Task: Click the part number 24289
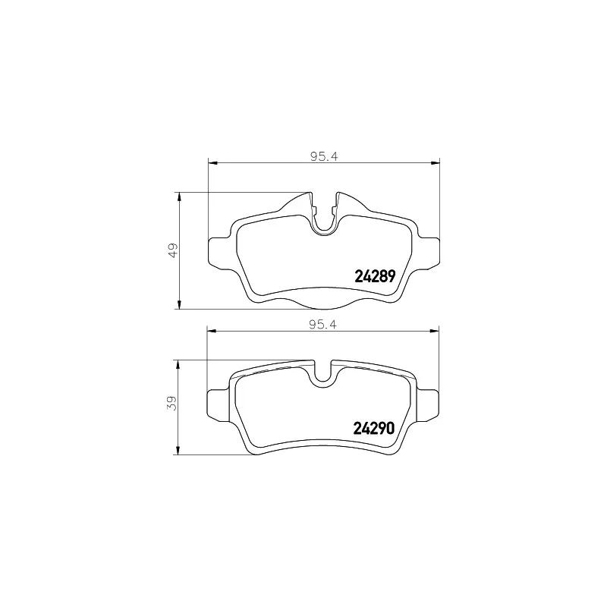(375, 277)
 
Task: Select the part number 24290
(374, 428)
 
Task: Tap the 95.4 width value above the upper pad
(323, 157)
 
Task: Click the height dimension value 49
(173, 250)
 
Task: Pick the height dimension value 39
(173, 404)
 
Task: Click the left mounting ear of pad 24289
(219, 251)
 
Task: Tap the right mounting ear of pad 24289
(429, 251)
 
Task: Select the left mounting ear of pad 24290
(219, 402)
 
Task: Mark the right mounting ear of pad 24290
(429, 402)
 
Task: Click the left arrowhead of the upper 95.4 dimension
(213, 162)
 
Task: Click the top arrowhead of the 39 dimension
(179, 365)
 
